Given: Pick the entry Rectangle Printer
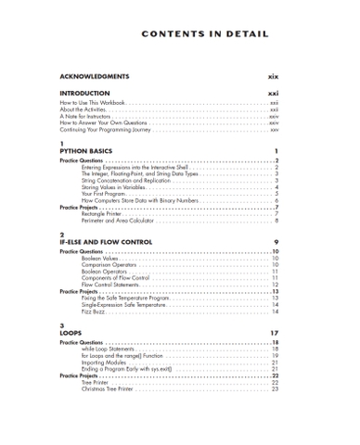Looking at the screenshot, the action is click(x=103, y=214).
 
